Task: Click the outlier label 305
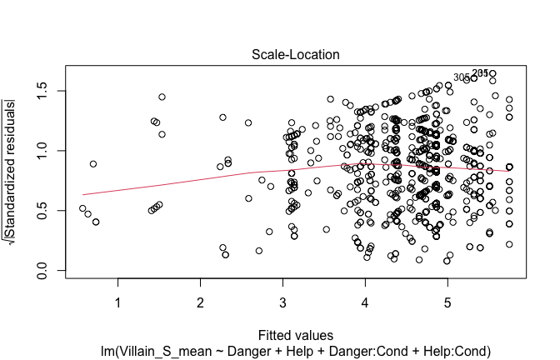pos(462,77)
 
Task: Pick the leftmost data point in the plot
pos(82,208)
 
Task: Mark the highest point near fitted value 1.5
pos(162,97)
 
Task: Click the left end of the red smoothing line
pos(83,194)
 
